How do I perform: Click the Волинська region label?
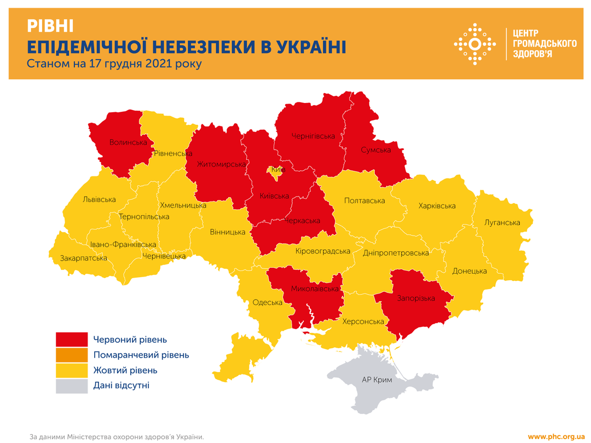129,142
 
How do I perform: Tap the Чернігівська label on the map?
313,136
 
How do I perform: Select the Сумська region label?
375,149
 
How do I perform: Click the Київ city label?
278,170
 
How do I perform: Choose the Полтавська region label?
364,200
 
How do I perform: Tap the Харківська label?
437,206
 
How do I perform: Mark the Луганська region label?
502,222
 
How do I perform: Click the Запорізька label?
416,298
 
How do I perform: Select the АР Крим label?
377,379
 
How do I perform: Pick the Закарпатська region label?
84,257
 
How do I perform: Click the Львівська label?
99,199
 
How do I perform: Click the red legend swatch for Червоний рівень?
72,340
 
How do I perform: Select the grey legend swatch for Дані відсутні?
72,386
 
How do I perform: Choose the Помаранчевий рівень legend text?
141,355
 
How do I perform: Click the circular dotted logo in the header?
475,44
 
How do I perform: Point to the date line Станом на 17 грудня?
114,64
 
